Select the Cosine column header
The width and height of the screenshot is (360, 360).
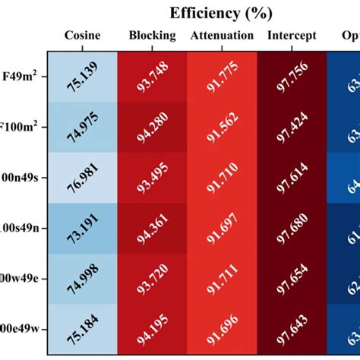click(x=82, y=36)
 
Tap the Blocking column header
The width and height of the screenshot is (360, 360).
click(x=152, y=36)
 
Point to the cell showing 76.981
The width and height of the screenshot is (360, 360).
click(x=82, y=178)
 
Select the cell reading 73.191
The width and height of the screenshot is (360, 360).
click(x=82, y=228)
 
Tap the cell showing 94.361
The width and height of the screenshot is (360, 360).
click(x=152, y=228)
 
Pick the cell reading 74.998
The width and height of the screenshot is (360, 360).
click(x=82, y=279)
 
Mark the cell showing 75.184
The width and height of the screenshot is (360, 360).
click(x=82, y=329)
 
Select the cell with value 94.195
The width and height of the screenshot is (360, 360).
click(x=152, y=329)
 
